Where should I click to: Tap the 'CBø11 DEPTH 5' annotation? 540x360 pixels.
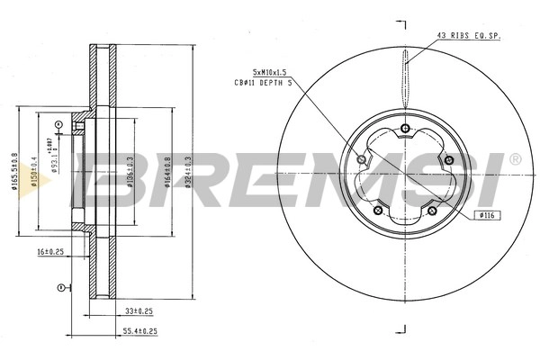click(263, 82)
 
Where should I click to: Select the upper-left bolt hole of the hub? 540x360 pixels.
click(362, 159)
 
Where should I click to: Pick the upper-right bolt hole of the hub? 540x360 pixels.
click(448, 159)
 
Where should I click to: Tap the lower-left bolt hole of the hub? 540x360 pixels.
click(378, 211)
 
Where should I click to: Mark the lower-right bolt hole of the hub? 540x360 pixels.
click(432, 211)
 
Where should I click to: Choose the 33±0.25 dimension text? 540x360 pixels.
click(138, 310)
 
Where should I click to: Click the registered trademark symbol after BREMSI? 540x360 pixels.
click(514, 159)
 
